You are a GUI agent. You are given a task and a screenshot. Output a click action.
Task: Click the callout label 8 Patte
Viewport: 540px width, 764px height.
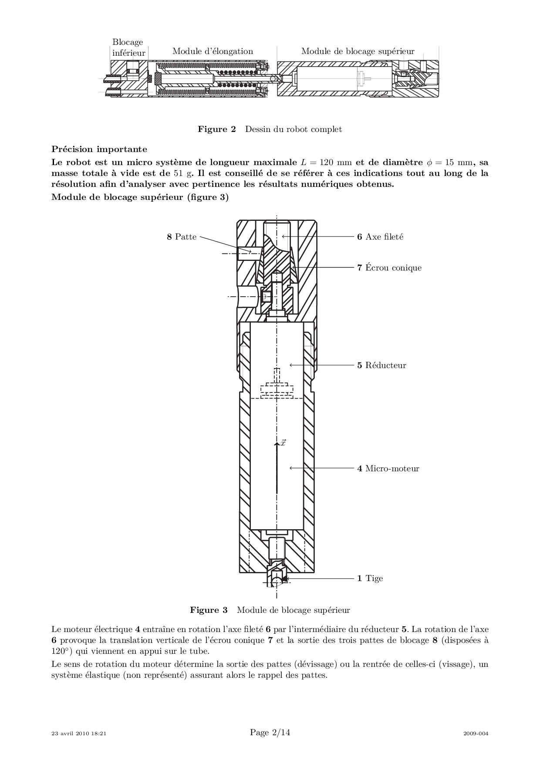click(x=182, y=237)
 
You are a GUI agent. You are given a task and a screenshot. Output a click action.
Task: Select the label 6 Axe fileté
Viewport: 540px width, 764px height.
click(x=380, y=237)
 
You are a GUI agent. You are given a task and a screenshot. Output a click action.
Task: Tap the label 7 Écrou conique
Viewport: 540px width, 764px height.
click(x=389, y=267)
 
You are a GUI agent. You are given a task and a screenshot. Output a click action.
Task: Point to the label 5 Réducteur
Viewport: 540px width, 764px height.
click(x=381, y=365)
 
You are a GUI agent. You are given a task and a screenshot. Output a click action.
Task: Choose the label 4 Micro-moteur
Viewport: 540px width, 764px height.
click(x=388, y=469)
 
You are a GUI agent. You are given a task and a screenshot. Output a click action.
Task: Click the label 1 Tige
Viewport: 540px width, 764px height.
click(x=370, y=578)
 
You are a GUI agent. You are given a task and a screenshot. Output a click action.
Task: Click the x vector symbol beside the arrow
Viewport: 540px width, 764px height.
click(x=283, y=443)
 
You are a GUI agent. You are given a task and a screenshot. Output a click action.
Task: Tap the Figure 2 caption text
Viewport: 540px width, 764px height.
click(x=270, y=129)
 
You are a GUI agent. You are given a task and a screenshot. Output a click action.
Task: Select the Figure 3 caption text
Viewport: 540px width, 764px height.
click(x=270, y=610)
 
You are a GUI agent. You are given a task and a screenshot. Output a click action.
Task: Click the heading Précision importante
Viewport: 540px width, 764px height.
click(x=99, y=149)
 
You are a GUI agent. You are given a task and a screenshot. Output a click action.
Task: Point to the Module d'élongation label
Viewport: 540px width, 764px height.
click(x=213, y=51)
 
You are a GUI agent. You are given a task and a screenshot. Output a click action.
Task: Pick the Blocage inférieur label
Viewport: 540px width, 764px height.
click(x=128, y=47)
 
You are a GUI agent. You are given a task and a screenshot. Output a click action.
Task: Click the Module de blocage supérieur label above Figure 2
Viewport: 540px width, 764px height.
click(x=358, y=51)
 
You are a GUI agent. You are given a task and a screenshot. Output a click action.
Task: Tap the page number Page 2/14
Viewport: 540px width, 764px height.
click(x=270, y=733)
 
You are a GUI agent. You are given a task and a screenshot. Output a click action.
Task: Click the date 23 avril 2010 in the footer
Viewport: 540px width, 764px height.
click(x=71, y=734)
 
